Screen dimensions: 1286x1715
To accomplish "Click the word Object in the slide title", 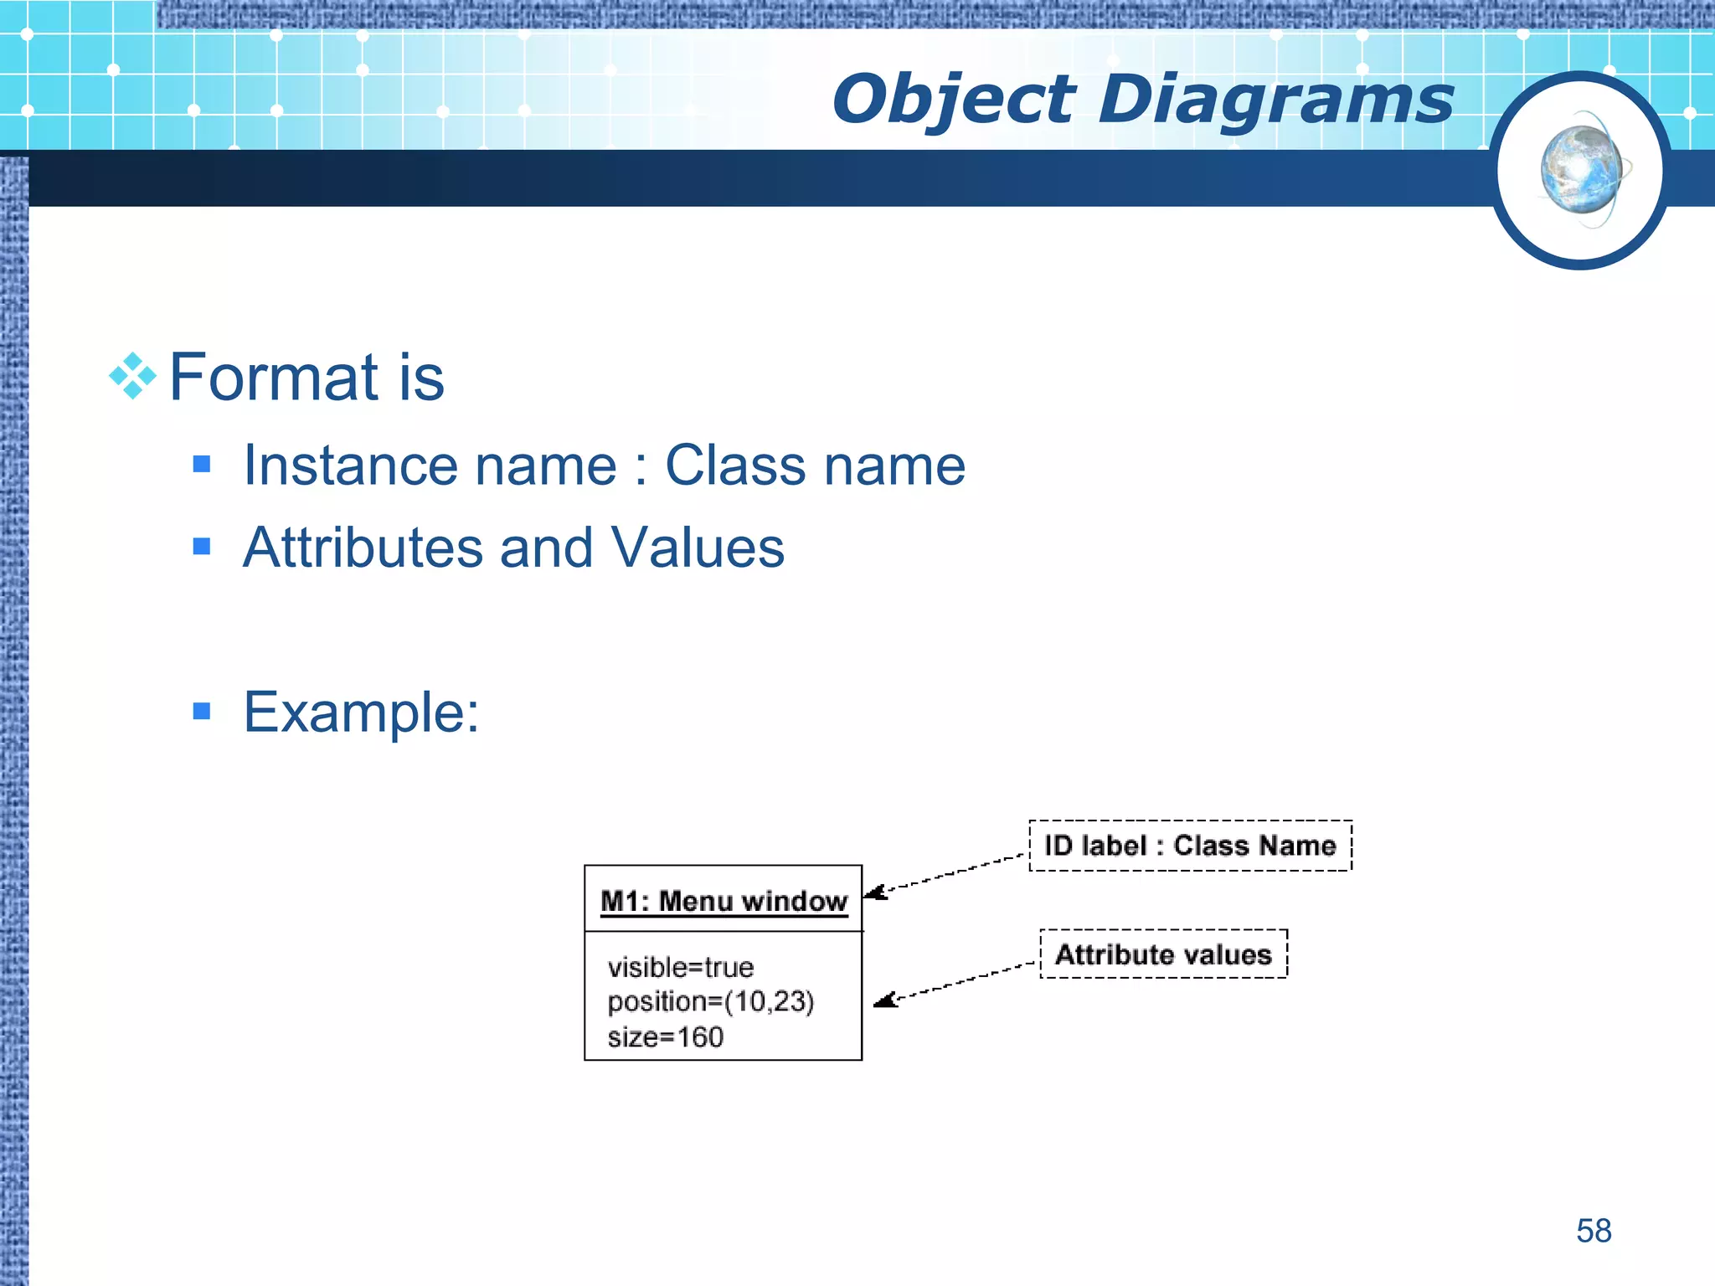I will click(x=952, y=100).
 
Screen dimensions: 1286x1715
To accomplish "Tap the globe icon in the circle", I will click(x=1580, y=171).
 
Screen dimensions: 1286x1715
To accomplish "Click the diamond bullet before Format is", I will click(x=133, y=376).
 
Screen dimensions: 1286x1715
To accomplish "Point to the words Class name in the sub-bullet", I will click(x=814, y=466).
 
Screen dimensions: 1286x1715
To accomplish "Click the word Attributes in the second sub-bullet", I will click(x=363, y=548).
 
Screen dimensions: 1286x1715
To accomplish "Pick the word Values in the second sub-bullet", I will click(x=697, y=548).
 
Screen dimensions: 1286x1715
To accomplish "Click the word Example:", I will click(x=361, y=712).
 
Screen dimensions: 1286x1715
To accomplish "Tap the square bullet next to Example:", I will click(x=201, y=712).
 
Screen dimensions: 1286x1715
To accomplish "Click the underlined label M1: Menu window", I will click(x=724, y=902).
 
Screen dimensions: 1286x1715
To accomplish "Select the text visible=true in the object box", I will click(x=680, y=968).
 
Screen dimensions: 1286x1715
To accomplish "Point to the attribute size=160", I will click(x=665, y=1037).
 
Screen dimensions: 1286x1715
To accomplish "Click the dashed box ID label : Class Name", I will click(x=1190, y=846).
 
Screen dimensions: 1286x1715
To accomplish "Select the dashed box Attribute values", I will click(x=1163, y=954).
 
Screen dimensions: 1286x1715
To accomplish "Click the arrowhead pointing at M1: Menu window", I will click(x=874, y=892).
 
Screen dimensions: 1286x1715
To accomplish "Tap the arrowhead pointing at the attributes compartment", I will click(x=884, y=1000).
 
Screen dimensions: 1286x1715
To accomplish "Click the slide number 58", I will click(x=1593, y=1231).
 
